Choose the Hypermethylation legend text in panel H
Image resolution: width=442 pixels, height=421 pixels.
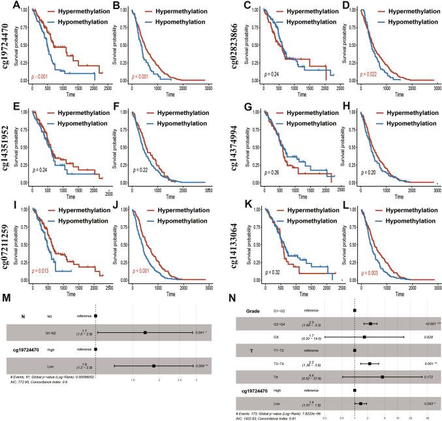tap(405, 113)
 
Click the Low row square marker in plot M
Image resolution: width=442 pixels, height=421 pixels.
tap(153, 366)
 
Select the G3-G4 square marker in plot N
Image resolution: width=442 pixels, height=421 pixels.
tap(370, 323)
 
